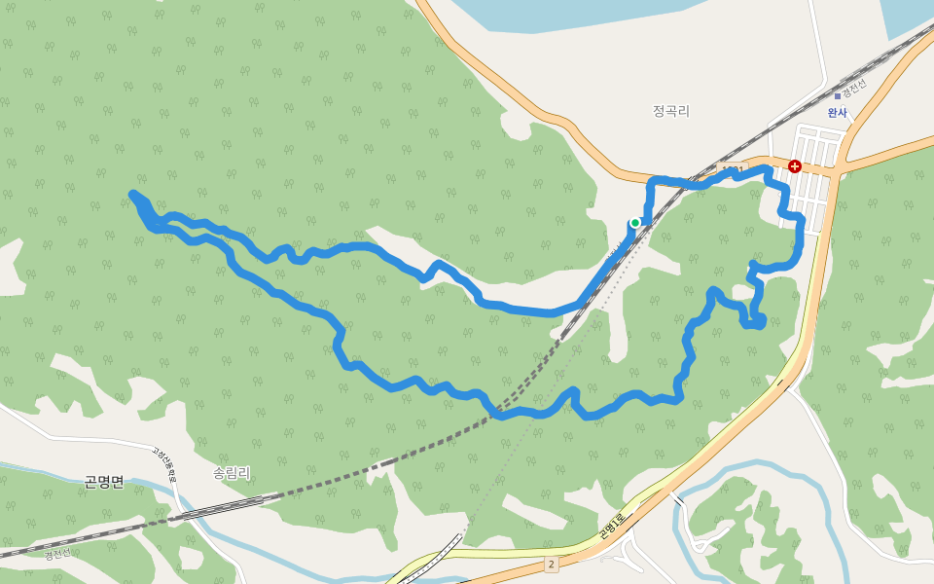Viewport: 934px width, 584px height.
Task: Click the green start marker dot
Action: [635, 223]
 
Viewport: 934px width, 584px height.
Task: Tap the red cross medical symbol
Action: [795, 166]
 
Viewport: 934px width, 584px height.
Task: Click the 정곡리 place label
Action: [671, 111]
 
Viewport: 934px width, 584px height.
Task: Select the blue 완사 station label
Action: [837, 113]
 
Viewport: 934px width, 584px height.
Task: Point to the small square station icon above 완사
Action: [837, 96]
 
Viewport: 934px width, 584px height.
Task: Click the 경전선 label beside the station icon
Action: [853, 89]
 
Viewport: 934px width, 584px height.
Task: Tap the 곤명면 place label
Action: [104, 482]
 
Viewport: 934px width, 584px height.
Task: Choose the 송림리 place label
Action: [232, 473]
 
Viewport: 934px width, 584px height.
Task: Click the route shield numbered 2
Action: [551, 564]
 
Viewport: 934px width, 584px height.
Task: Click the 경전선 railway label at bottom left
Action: [56, 554]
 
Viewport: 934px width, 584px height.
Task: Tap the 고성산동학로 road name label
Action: [164, 465]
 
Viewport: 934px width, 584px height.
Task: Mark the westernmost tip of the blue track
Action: [132, 195]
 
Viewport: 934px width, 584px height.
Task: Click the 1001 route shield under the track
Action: [732, 171]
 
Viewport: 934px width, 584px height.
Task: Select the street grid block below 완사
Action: [811, 180]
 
